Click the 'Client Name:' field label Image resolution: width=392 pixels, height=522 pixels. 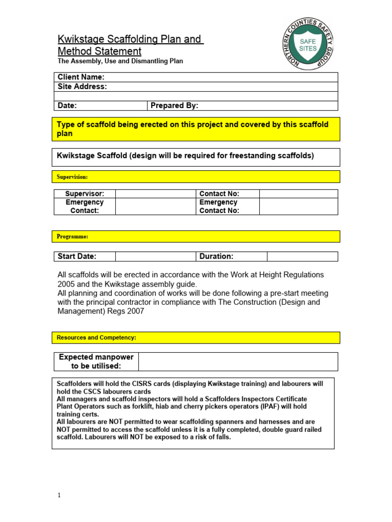[x=81, y=77]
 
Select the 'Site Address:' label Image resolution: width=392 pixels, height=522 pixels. [x=82, y=87]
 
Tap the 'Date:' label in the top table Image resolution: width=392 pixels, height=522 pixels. [x=67, y=106]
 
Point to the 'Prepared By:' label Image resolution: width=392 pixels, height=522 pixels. [x=174, y=106]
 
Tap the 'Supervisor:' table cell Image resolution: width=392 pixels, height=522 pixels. [x=85, y=194]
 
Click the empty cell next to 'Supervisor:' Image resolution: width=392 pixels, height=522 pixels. [x=155, y=194]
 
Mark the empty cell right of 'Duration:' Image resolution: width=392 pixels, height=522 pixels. [x=302, y=256]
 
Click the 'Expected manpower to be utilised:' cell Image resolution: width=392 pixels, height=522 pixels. [x=95, y=361]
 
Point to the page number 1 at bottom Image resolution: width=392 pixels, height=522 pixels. [x=59, y=495]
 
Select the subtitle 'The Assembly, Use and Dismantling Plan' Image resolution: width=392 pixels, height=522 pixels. [x=120, y=61]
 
